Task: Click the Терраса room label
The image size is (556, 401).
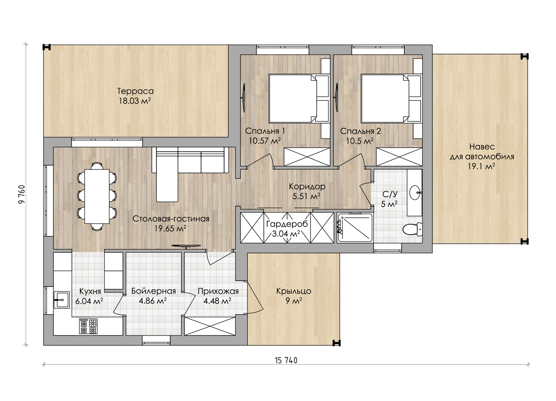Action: pyautogui.click(x=135, y=91)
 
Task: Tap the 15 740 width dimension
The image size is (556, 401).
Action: pyautogui.click(x=286, y=360)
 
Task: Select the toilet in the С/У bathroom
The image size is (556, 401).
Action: pyautogui.click(x=412, y=229)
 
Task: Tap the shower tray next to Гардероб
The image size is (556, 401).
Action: pyautogui.click(x=355, y=227)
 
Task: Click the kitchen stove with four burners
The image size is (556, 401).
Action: pyautogui.click(x=88, y=326)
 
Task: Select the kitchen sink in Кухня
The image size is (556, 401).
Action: pyautogui.click(x=61, y=300)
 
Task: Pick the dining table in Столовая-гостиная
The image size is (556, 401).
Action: pyautogui.click(x=97, y=196)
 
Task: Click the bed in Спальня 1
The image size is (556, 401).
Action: pyautogui.click(x=299, y=98)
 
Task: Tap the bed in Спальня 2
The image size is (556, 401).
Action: pyautogui.click(x=391, y=98)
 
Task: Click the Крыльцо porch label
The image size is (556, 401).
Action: pyautogui.click(x=294, y=291)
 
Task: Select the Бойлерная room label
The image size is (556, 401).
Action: pyautogui.click(x=154, y=291)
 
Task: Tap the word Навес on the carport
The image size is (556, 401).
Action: pyautogui.click(x=482, y=147)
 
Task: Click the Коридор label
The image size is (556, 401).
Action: pyautogui.click(x=307, y=186)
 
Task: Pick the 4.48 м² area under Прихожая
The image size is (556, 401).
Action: pyautogui.click(x=217, y=301)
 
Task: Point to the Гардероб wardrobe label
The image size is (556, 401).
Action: pyautogui.click(x=287, y=224)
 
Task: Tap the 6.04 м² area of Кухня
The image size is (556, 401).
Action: pyautogui.click(x=89, y=301)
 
